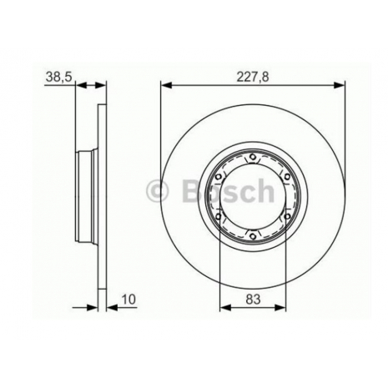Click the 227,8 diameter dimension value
[x=253, y=77]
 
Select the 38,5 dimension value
[x=58, y=77]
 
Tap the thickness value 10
[x=128, y=300]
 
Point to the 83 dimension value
[x=253, y=300]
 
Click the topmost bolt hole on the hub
[x=253, y=157]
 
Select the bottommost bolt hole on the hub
[x=253, y=236]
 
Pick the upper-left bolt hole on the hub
[x=219, y=177]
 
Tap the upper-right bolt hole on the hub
[x=287, y=177]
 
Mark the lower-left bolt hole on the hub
[x=219, y=216]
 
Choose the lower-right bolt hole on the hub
[x=287, y=216]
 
